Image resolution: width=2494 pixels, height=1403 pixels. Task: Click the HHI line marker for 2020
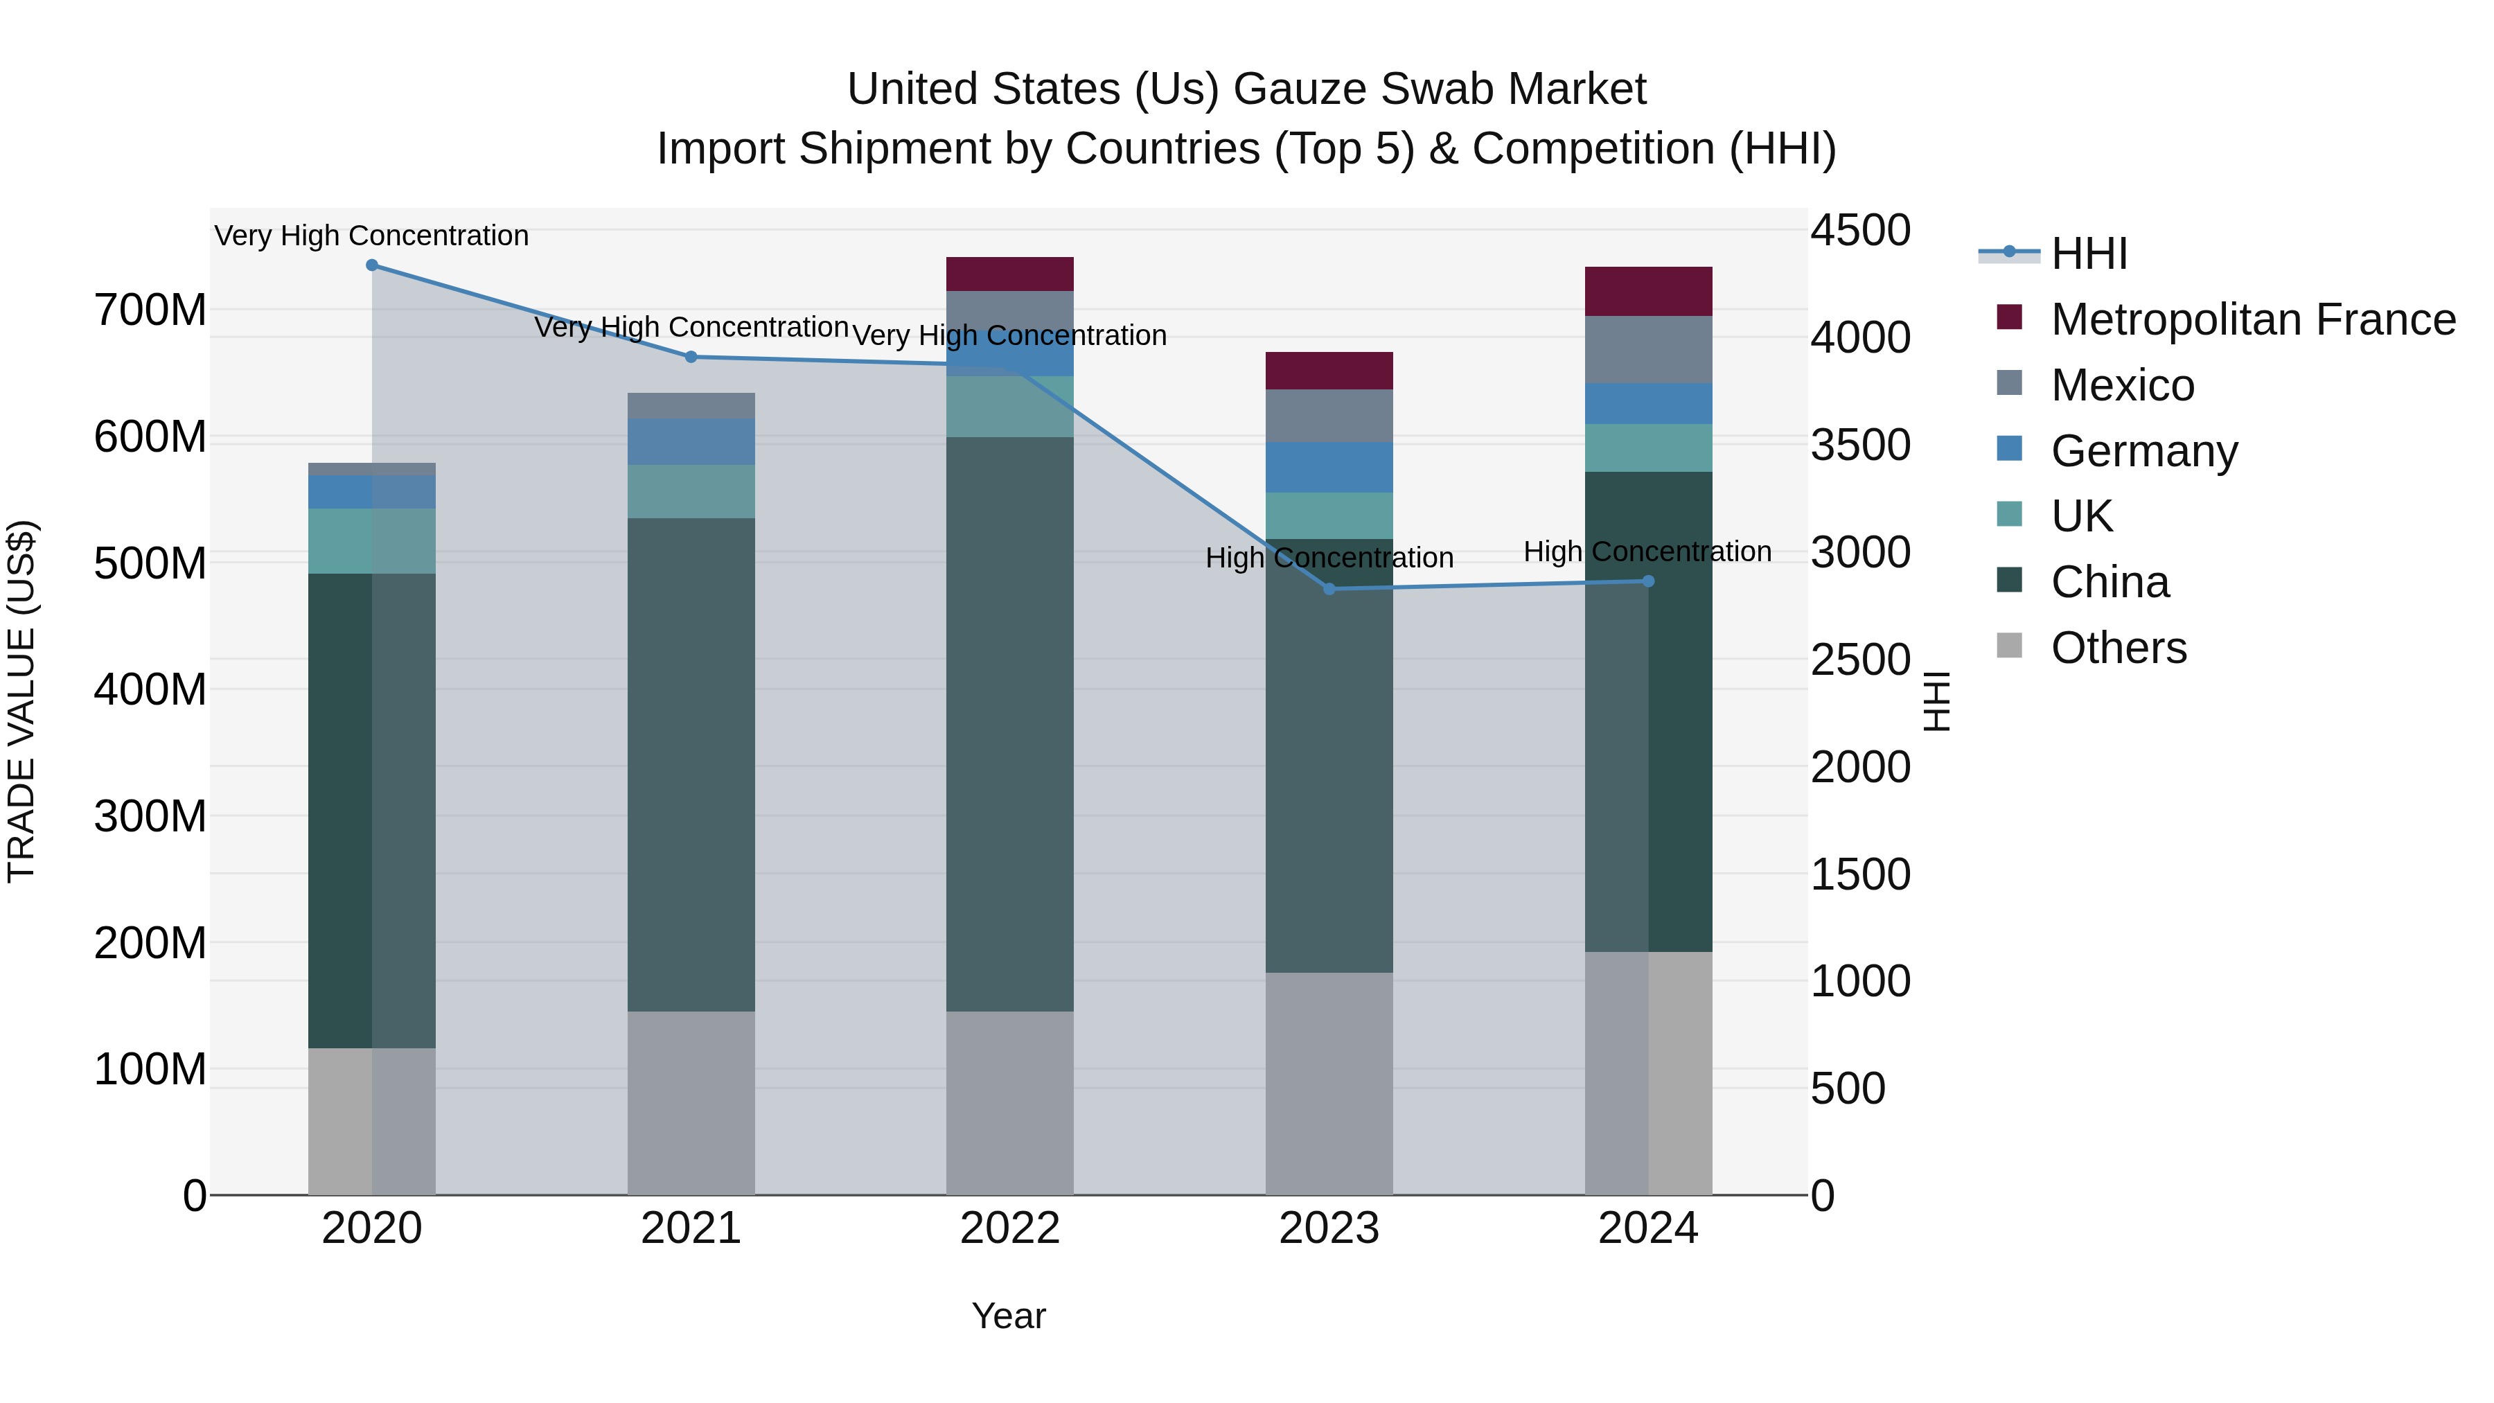pyautogui.click(x=372, y=265)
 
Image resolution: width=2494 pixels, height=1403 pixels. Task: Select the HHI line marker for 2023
pyautogui.click(x=1329, y=589)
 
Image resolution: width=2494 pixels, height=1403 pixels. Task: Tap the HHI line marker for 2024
pyautogui.click(x=1649, y=581)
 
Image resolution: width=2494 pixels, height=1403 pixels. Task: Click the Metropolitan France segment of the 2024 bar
pyautogui.click(x=1649, y=292)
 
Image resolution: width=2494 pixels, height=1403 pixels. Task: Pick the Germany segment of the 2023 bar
pyautogui.click(x=1329, y=467)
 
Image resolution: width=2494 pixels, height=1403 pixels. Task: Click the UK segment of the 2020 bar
pyautogui.click(x=372, y=541)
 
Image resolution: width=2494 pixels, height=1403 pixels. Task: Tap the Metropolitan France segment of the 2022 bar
pyautogui.click(x=1010, y=274)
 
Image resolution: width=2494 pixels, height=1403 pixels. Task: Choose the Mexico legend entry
pyautogui.click(x=2122, y=385)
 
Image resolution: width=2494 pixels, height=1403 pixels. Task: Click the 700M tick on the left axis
pyautogui.click(x=150, y=311)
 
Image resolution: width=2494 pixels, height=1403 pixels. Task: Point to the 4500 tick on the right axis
pyautogui.click(x=1860, y=231)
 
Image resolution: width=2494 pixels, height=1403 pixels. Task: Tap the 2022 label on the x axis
pyautogui.click(x=1010, y=1228)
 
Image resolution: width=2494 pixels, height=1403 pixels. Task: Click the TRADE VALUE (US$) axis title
pyautogui.click(x=21, y=701)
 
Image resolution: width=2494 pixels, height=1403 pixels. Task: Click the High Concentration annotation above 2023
pyautogui.click(x=1329, y=558)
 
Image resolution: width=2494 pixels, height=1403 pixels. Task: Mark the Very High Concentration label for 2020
pyautogui.click(x=372, y=236)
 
